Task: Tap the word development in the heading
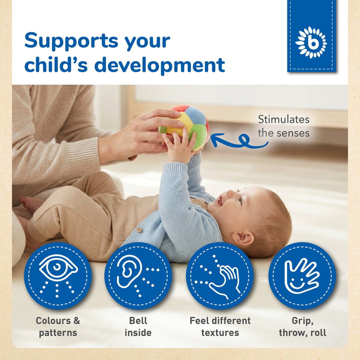pyautogui.click(x=160, y=66)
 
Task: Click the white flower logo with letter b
pyautogui.click(x=311, y=43)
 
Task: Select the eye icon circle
pyautogui.click(x=58, y=276)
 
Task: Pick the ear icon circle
pyautogui.click(x=138, y=276)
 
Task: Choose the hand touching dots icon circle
pyautogui.click(x=220, y=276)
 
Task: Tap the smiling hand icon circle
pyautogui.click(x=302, y=276)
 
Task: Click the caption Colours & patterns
pyautogui.click(x=58, y=327)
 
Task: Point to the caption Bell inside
pyautogui.click(x=138, y=327)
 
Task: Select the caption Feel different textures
pyautogui.click(x=220, y=327)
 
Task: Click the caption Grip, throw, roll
pyautogui.click(x=303, y=327)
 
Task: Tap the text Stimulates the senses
pyautogui.click(x=283, y=126)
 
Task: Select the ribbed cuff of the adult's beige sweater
pyautogui.click(x=82, y=154)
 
